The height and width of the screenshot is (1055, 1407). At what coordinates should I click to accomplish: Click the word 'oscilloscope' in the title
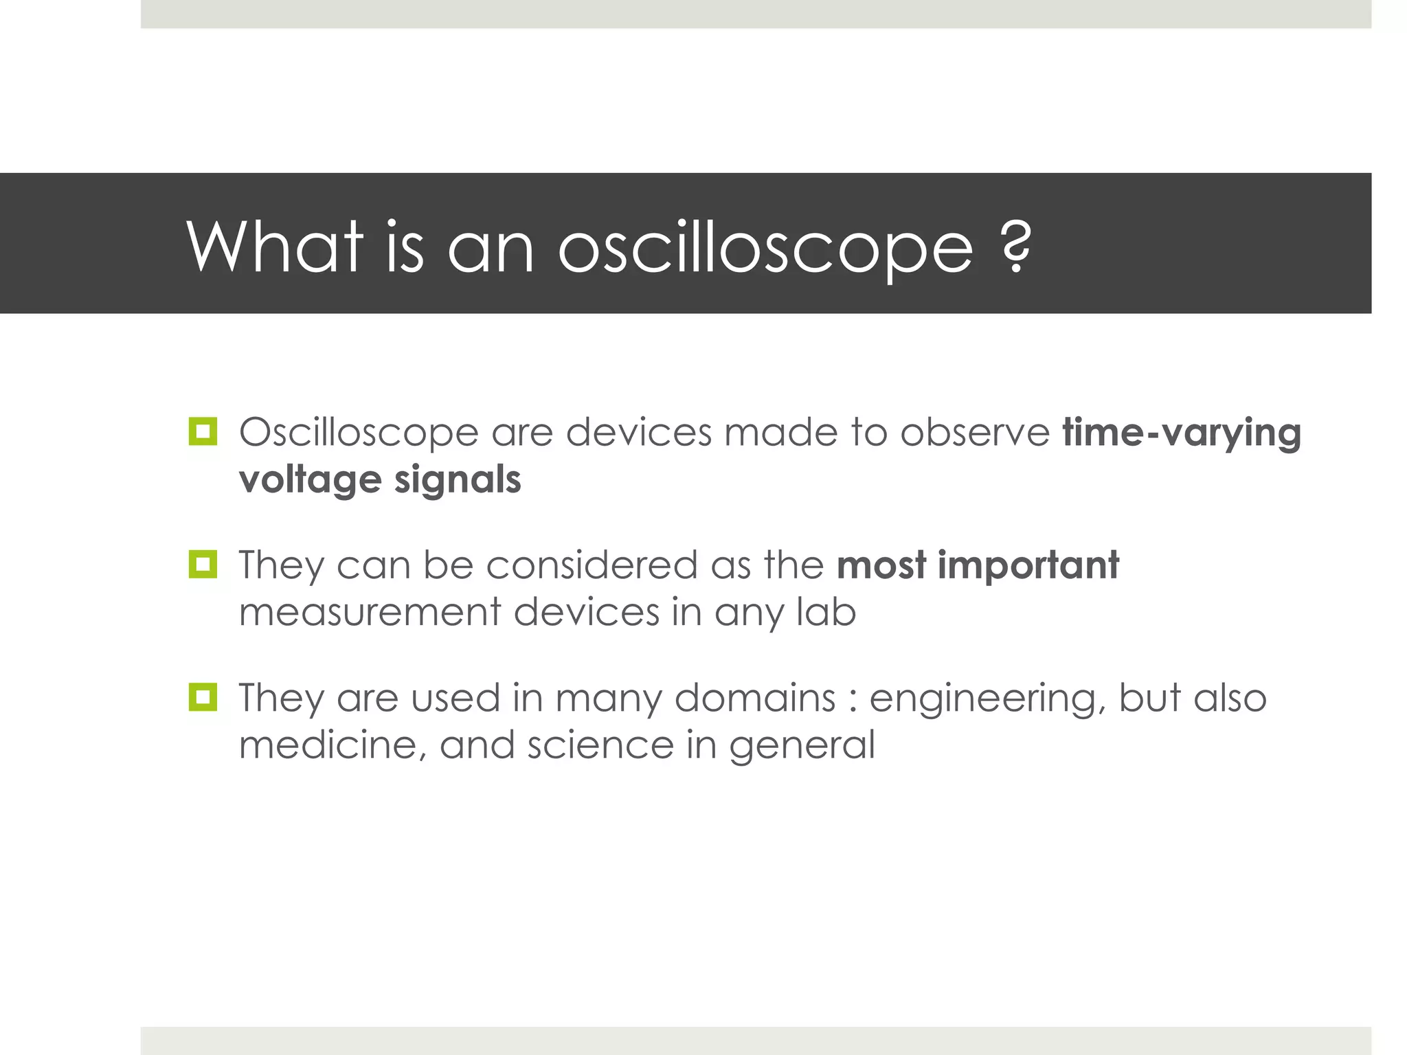pyautogui.click(x=765, y=249)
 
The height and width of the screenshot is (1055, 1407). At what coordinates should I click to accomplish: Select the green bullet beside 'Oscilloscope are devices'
pyautogui.click(x=203, y=432)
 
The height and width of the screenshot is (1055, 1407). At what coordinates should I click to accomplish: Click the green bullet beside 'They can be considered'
pyautogui.click(x=203, y=565)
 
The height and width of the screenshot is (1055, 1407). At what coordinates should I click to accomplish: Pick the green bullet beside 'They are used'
pyautogui.click(x=203, y=697)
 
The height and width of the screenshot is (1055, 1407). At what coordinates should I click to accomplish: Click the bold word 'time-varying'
pyautogui.click(x=1182, y=434)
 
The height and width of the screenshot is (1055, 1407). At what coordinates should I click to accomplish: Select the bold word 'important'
pyautogui.click(x=1028, y=566)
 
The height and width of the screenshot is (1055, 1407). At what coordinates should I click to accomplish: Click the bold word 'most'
pyautogui.click(x=881, y=566)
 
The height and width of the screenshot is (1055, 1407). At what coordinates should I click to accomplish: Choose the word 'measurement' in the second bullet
pyautogui.click(x=370, y=612)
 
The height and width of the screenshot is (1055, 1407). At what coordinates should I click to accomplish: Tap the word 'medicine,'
pyautogui.click(x=333, y=745)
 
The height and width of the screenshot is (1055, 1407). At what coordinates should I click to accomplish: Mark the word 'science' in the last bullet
pyautogui.click(x=600, y=745)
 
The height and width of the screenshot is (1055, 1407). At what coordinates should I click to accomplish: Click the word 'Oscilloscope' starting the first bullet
pyautogui.click(x=359, y=434)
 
